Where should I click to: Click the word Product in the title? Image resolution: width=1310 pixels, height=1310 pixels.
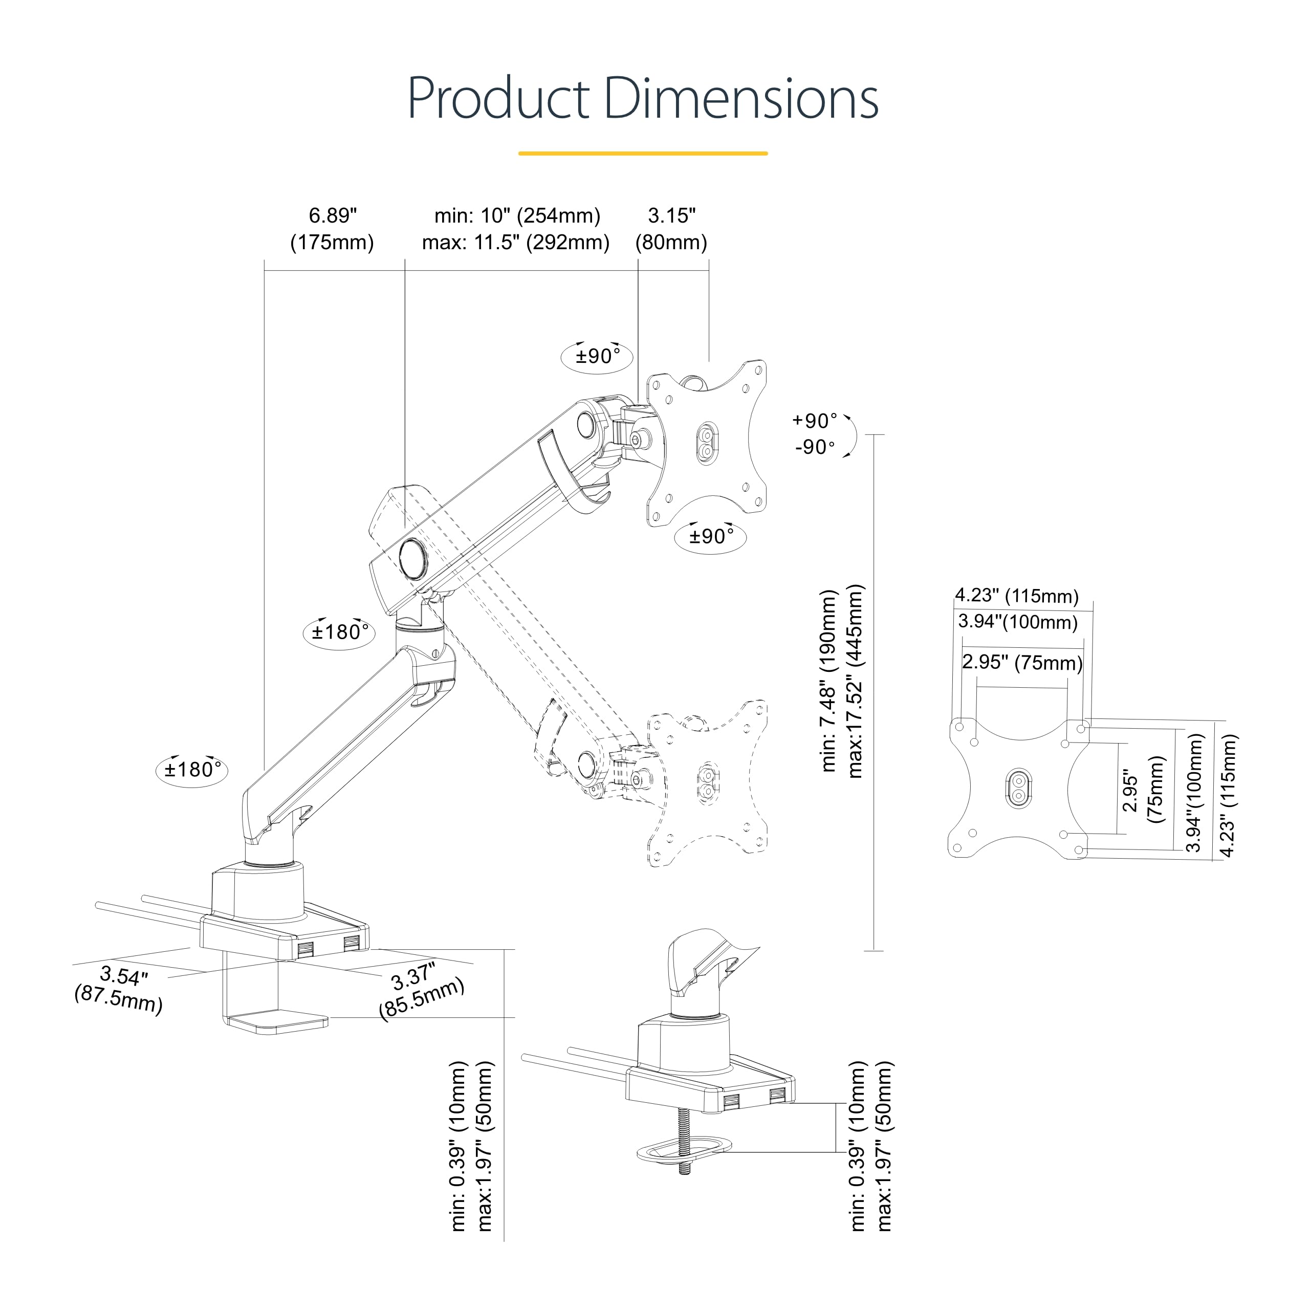click(498, 98)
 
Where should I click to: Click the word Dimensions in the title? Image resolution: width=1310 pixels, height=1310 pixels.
click(740, 98)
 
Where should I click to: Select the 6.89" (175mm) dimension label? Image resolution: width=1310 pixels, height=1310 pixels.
click(332, 229)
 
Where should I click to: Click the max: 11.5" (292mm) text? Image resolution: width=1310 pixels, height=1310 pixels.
click(515, 242)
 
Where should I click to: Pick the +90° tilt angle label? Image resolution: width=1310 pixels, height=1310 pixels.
click(814, 421)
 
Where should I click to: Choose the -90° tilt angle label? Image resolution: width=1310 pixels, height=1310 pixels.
click(814, 448)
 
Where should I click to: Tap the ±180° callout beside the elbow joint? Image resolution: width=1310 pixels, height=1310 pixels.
click(340, 632)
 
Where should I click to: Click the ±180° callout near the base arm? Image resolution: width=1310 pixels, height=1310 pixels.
click(192, 770)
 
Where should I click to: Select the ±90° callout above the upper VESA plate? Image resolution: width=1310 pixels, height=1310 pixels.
click(597, 356)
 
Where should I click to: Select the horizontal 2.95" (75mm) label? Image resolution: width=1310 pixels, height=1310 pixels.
click(1022, 663)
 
